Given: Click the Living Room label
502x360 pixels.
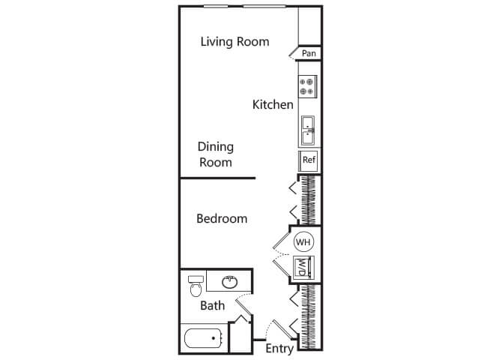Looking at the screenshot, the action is [235, 42].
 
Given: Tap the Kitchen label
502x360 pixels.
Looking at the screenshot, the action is [273, 104].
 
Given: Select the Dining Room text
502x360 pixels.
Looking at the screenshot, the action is [216, 154].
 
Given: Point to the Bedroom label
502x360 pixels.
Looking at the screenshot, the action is [222, 219].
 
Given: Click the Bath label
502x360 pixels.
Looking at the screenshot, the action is [212, 305].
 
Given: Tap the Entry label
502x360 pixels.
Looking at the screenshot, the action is [279, 349].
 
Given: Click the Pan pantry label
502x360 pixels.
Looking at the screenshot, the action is [309, 53].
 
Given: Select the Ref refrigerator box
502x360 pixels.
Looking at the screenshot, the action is [309, 160].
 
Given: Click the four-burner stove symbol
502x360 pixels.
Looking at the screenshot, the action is [307, 86].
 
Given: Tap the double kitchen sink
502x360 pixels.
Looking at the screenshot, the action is [308, 130].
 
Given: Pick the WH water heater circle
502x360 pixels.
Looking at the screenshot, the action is [303, 241].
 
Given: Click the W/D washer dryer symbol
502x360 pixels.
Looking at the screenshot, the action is [303, 266].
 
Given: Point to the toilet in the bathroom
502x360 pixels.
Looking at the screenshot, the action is [196, 286].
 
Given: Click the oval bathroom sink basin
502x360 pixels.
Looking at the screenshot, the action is [229, 282].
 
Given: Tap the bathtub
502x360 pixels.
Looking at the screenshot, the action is [204, 338].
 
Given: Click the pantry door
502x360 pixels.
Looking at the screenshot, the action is [294, 53].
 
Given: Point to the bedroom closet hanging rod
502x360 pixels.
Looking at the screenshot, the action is [309, 200].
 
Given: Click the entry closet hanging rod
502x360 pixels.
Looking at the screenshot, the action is [309, 317].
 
